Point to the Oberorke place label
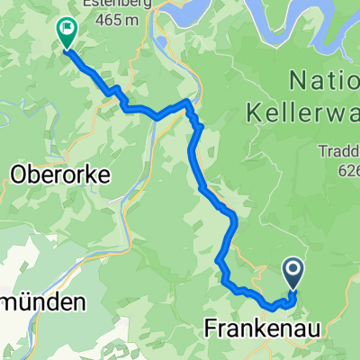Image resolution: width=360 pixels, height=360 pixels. click(60, 176)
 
